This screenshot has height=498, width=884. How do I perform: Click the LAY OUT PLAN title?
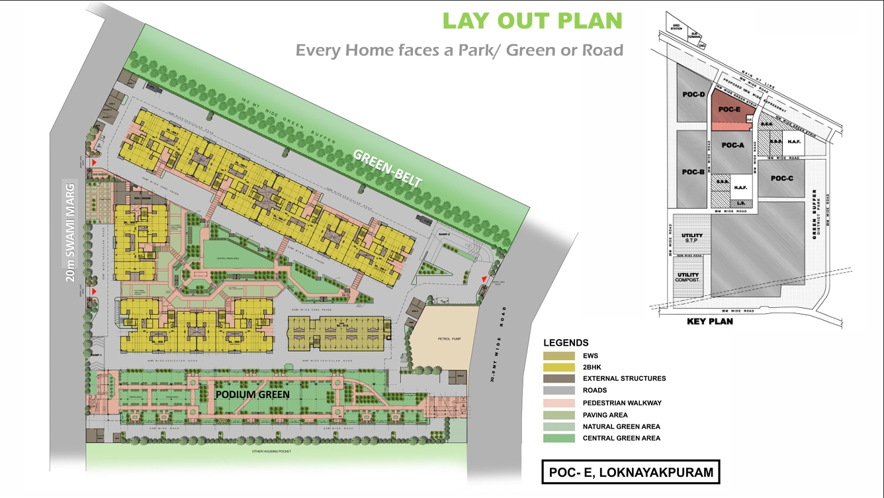pyautogui.click(x=533, y=21)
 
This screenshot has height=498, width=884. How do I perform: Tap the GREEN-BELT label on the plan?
pyautogui.click(x=388, y=169)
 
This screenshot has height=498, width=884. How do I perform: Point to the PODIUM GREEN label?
pyautogui.click(x=253, y=395)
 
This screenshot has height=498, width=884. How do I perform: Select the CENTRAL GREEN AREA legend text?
pyautogui.click(x=621, y=438)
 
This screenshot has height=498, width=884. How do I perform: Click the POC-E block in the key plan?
pyautogui.click(x=729, y=110)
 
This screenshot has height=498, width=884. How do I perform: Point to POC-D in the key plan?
pyautogui.click(x=693, y=95)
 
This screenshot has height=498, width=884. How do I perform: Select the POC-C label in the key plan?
pyautogui.click(x=781, y=178)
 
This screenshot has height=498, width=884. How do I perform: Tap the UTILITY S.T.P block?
pyautogui.click(x=692, y=239)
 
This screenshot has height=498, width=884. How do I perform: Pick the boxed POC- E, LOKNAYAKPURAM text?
pyautogui.click(x=631, y=473)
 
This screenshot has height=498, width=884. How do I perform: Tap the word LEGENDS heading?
pyautogui.click(x=566, y=343)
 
